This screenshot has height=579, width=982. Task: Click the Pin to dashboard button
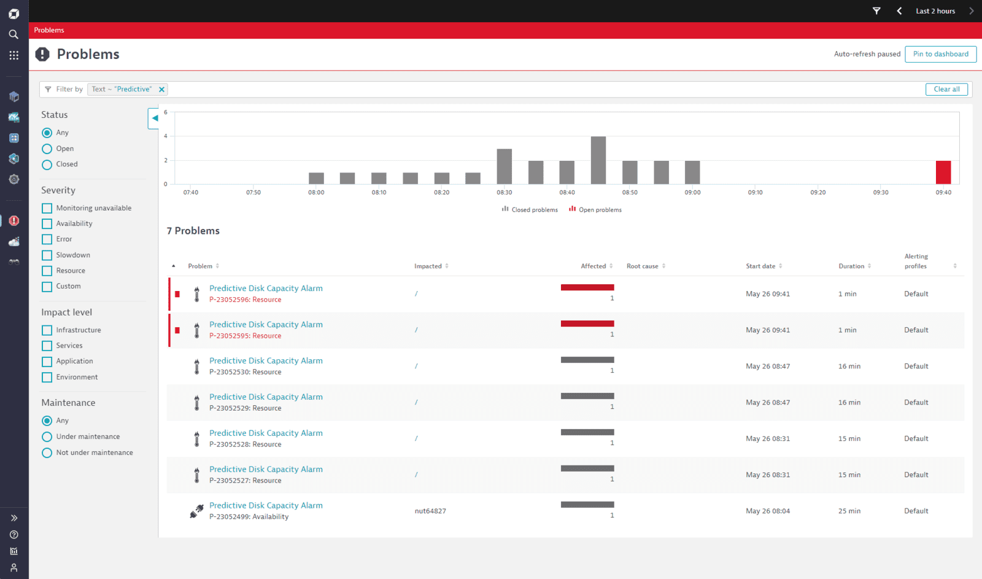pyautogui.click(x=940, y=54)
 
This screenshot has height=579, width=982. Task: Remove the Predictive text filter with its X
pyautogui.click(x=161, y=90)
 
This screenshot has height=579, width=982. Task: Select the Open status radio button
pyautogui.click(x=47, y=149)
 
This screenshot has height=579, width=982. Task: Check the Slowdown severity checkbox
pyautogui.click(x=47, y=255)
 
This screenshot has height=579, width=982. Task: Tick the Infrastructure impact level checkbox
pyautogui.click(x=47, y=330)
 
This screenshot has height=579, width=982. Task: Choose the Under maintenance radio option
pyautogui.click(x=47, y=437)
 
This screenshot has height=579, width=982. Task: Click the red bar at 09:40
pyautogui.click(x=943, y=173)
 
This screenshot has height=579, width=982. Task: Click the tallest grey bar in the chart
pyautogui.click(x=598, y=160)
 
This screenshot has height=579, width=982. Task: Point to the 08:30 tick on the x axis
pyautogui.click(x=504, y=192)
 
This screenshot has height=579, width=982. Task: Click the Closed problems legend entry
pyautogui.click(x=530, y=209)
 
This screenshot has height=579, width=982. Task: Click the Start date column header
pyautogui.click(x=760, y=266)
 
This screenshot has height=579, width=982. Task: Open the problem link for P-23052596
pyautogui.click(x=266, y=288)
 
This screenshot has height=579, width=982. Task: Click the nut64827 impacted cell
pyautogui.click(x=430, y=511)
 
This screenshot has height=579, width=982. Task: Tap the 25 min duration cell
pyautogui.click(x=849, y=511)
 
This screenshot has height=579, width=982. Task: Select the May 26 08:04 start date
pyautogui.click(x=768, y=511)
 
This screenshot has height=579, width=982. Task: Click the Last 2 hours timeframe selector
pyautogui.click(x=935, y=11)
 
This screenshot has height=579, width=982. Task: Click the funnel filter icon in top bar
pyautogui.click(x=876, y=11)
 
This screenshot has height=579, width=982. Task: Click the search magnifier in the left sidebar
pyautogui.click(x=14, y=34)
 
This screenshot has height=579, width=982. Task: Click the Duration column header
pyautogui.click(x=851, y=266)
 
